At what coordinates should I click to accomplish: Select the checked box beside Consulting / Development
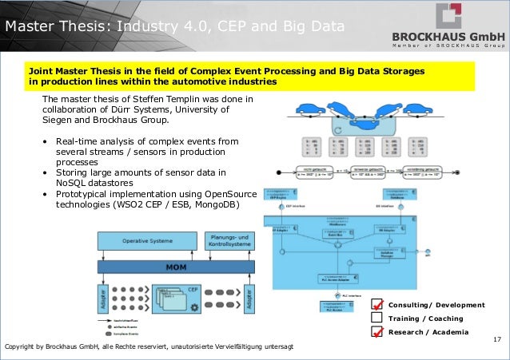click(377, 305)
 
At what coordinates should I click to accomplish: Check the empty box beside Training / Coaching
click(377, 318)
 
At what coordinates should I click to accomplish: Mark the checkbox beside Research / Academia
click(377, 331)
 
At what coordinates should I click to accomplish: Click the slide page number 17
click(497, 341)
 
